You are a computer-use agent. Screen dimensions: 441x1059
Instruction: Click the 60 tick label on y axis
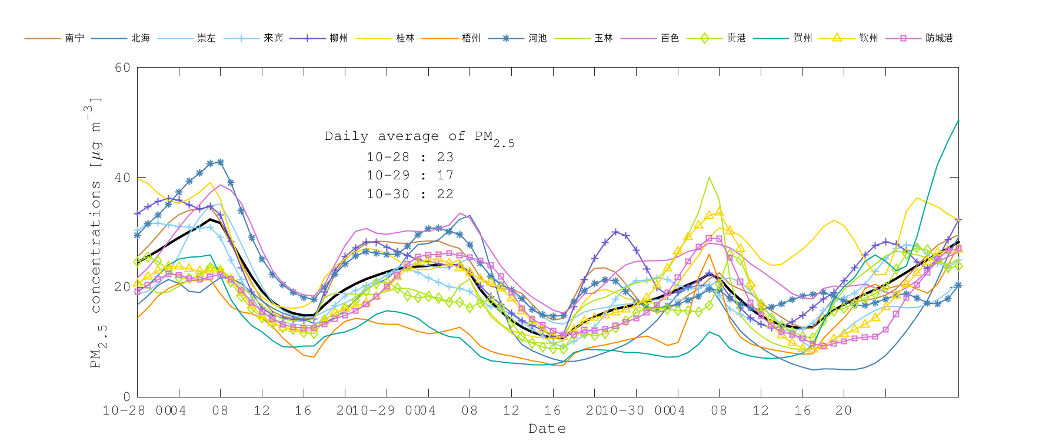122,68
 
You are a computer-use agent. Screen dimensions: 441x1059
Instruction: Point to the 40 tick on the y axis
122,178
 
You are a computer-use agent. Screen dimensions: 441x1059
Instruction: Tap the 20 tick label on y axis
122,287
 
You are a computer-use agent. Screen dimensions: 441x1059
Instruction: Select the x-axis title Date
547,429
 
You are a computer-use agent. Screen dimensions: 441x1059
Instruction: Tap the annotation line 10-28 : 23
410,157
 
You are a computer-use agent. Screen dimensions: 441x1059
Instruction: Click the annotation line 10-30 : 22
410,194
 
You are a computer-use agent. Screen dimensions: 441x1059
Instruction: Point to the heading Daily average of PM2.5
419,137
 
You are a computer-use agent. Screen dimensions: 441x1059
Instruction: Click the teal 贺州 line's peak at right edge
958,120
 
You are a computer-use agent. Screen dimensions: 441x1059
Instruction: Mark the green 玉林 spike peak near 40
709,177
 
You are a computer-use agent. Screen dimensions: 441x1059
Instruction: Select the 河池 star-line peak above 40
220,162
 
